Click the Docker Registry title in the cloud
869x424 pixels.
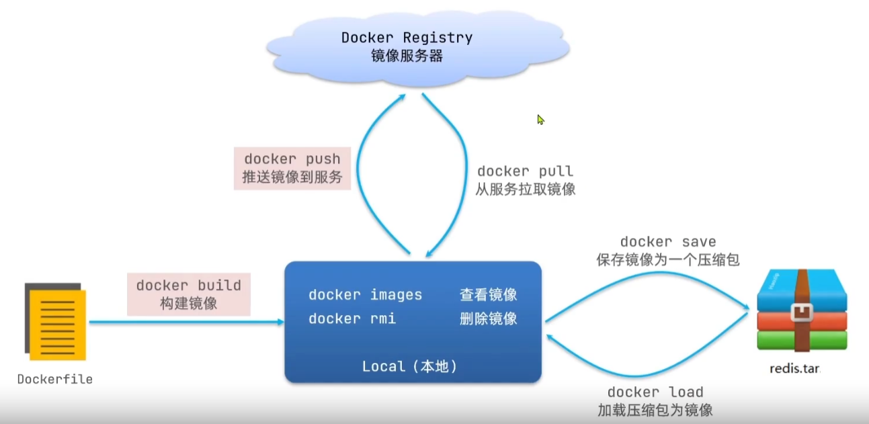(x=407, y=38)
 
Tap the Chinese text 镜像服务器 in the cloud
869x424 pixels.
(x=407, y=56)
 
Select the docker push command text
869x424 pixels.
(x=292, y=159)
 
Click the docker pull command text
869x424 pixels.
(x=525, y=171)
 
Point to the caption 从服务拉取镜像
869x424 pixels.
(x=526, y=189)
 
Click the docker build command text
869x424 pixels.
(x=189, y=286)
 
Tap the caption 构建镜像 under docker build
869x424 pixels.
(x=189, y=303)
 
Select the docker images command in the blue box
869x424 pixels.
(x=365, y=295)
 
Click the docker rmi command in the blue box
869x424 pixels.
(x=352, y=319)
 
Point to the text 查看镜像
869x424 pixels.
(x=489, y=295)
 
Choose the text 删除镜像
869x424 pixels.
(x=489, y=319)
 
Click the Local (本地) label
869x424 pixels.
(x=410, y=366)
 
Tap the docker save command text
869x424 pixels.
(x=668, y=242)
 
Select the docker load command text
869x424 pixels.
(x=655, y=392)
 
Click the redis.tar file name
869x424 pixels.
(x=795, y=368)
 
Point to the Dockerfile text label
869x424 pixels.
(x=55, y=379)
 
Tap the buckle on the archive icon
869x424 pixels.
(x=802, y=312)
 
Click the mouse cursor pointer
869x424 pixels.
(x=541, y=120)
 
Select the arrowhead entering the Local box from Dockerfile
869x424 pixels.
(x=280, y=322)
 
